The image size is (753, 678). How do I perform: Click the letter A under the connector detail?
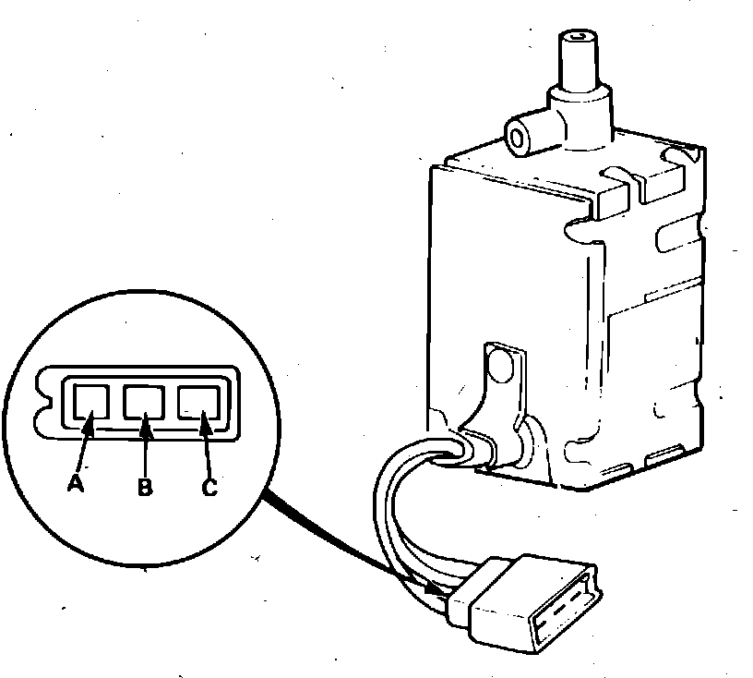point(77,482)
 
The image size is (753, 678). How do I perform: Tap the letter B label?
point(145,488)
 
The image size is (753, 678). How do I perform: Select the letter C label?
point(209,488)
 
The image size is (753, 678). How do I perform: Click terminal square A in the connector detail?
point(90,401)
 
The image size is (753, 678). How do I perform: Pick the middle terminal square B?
point(143,401)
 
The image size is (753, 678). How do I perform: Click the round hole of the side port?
point(518,139)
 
